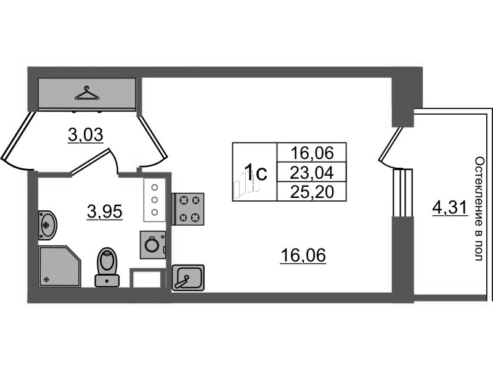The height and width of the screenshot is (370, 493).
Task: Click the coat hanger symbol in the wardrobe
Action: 87,93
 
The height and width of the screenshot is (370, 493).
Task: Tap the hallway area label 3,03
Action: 85,135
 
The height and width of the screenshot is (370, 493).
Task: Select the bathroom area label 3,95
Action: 105,213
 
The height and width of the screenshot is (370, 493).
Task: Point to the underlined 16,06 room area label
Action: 303,254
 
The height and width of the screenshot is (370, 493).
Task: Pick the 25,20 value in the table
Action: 311,192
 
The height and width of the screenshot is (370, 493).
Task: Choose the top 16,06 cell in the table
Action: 311,152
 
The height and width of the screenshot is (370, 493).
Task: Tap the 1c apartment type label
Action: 255,172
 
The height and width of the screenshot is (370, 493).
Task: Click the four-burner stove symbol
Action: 188,208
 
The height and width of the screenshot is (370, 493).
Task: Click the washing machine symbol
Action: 152,245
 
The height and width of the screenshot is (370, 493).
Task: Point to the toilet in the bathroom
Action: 107,266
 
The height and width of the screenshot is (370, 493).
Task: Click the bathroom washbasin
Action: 47,224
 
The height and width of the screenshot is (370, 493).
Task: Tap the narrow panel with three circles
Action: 154,200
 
